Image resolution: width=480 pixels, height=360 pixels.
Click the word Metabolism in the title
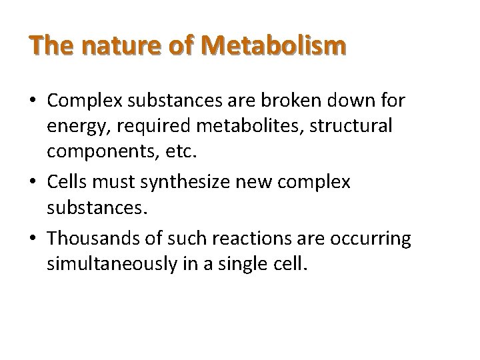point(275,46)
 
